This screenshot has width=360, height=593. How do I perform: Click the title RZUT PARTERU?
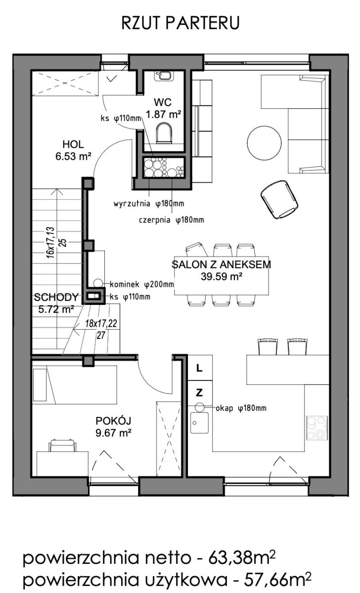coord(180,23)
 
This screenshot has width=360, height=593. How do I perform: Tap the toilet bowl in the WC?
coord(164,133)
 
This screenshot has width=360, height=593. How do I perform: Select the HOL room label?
coord(73,144)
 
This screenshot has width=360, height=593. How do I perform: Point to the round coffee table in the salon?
coord(264,142)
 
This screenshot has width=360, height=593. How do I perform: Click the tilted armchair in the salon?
coord(279,199)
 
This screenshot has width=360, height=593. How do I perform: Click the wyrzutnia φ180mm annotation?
coord(149,204)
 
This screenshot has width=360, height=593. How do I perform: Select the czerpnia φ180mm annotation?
coord(172,220)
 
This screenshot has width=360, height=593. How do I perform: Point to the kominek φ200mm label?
coord(142,285)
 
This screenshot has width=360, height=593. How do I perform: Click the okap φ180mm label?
coord(241,409)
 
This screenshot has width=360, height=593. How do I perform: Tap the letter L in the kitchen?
coord(199,368)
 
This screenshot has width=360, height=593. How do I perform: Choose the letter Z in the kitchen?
coord(199,392)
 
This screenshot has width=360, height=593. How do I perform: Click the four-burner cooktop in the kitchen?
coord(317,428)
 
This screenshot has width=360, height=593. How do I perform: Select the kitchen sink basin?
coord(199,423)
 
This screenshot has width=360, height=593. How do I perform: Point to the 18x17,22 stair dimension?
coord(101,324)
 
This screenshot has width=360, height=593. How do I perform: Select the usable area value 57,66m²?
coord(277,579)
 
